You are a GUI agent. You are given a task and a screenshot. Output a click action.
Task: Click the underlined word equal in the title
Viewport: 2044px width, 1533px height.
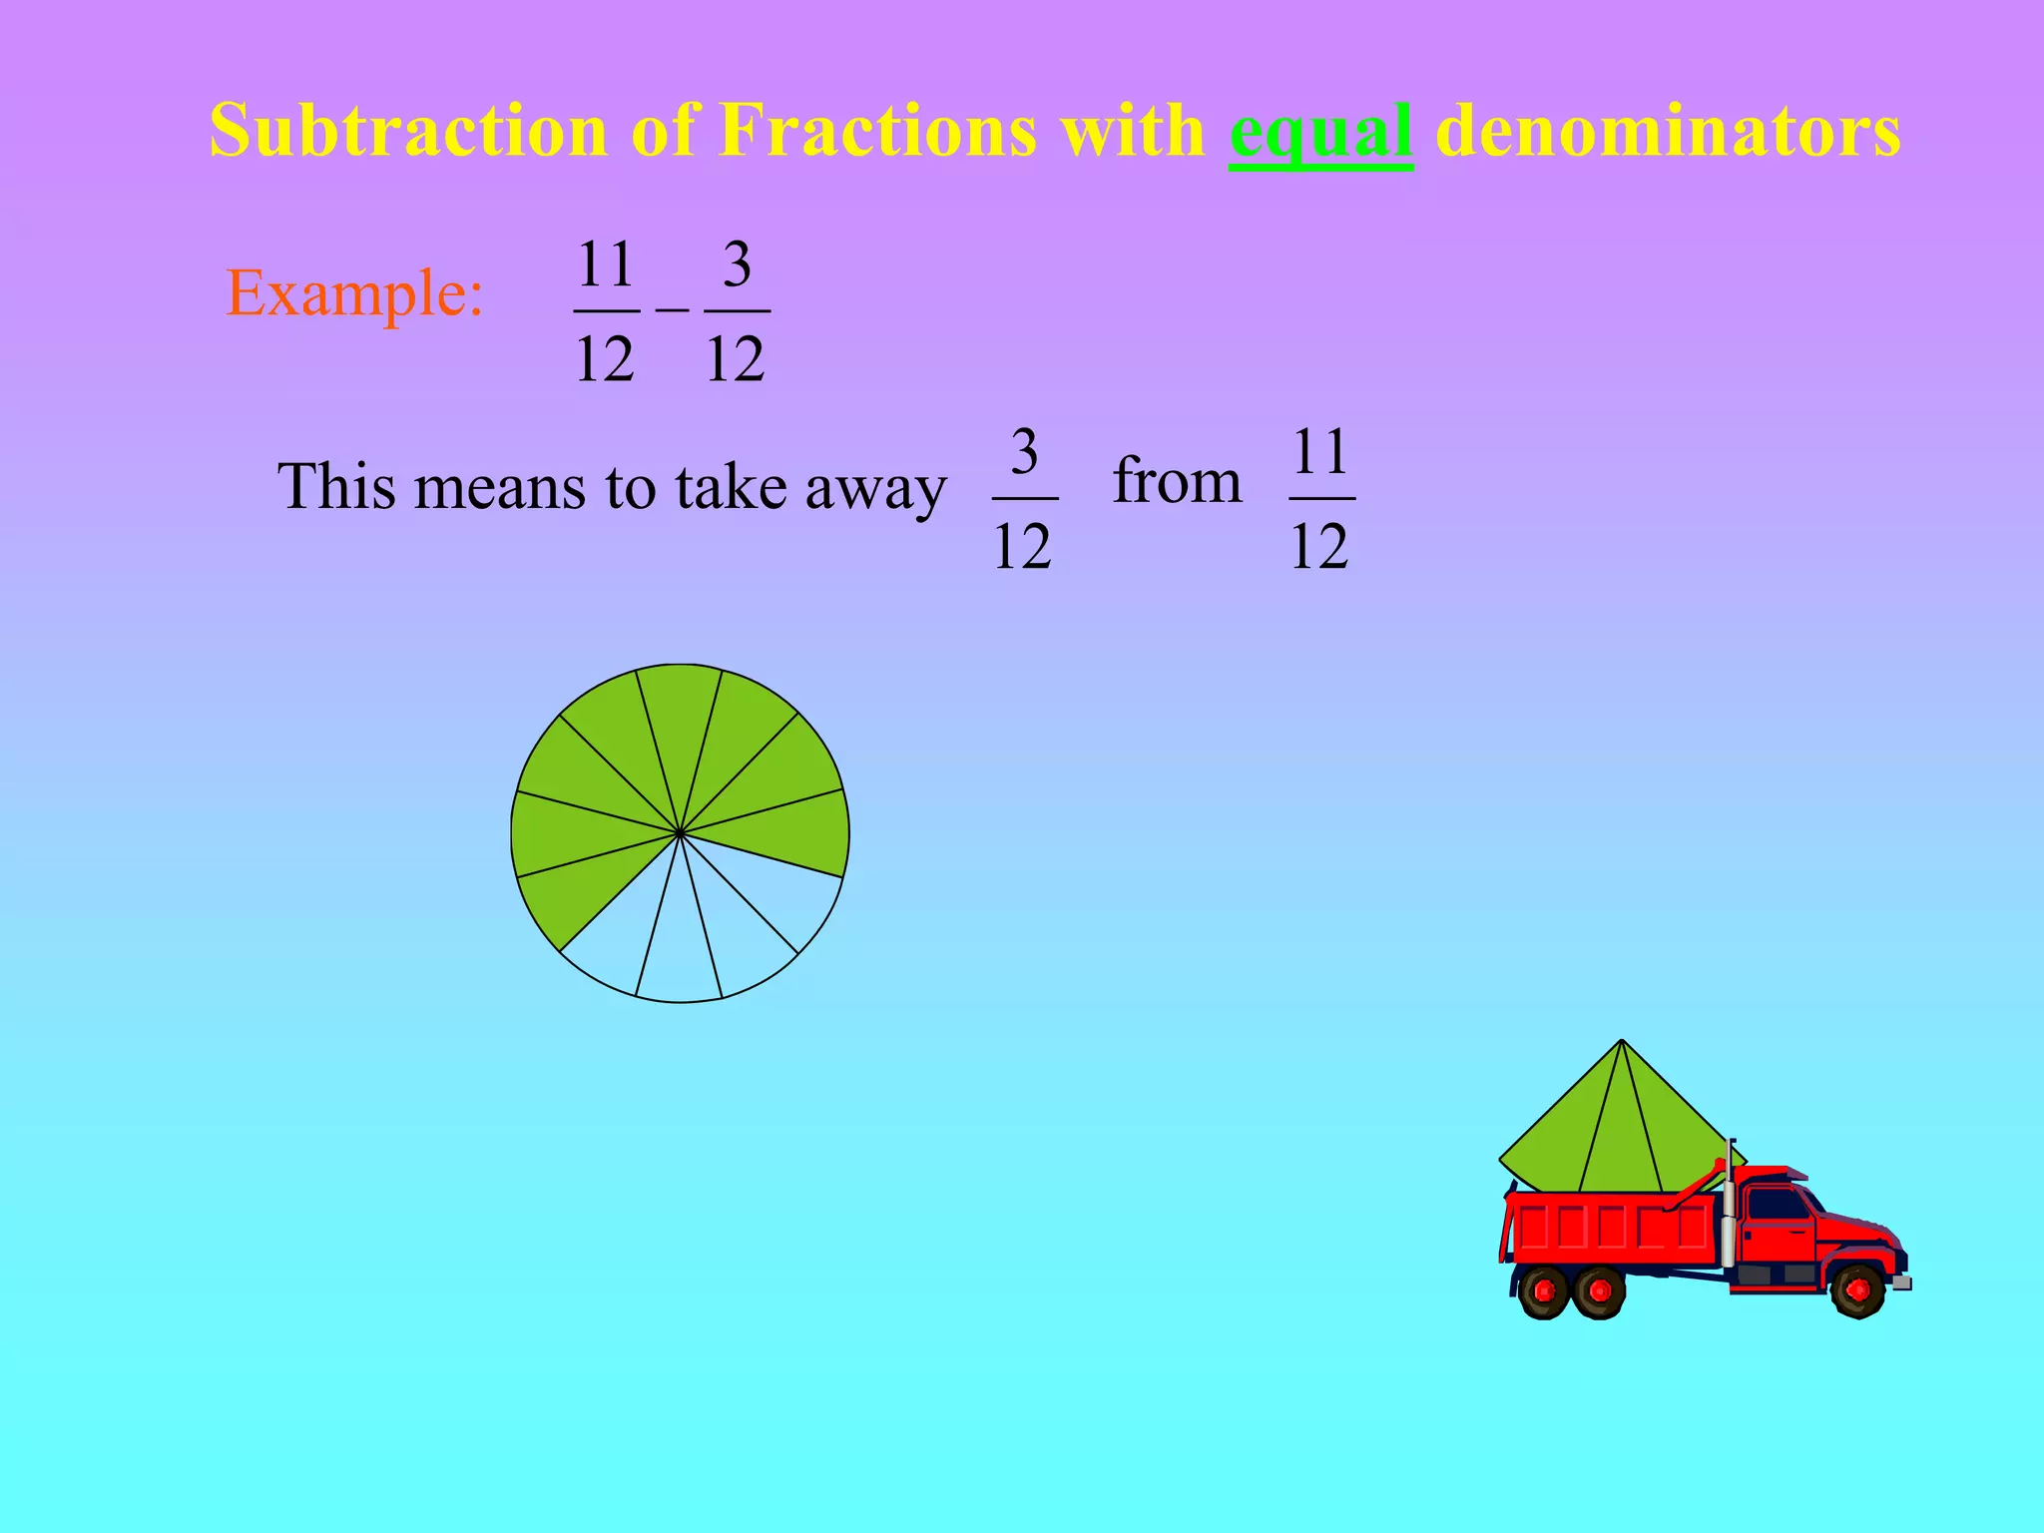[1320, 132]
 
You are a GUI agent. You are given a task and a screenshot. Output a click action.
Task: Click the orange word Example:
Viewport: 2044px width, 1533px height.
[355, 293]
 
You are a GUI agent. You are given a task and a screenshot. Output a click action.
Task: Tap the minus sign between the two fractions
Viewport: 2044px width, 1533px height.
[672, 310]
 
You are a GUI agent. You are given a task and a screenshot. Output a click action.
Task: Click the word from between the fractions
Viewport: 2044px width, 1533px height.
[1177, 481]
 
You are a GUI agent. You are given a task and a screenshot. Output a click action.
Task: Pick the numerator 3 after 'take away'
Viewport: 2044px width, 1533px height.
[1024, 452]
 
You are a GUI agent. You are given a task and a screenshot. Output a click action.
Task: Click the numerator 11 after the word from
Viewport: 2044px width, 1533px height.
[1321, 452]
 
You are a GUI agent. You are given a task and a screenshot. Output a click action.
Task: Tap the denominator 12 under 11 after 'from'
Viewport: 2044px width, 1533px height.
[1319, 546]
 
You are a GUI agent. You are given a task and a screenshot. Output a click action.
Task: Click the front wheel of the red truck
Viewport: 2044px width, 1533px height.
[1857, 1290]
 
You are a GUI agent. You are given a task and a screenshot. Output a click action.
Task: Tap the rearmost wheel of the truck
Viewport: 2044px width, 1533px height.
[1544, 1290]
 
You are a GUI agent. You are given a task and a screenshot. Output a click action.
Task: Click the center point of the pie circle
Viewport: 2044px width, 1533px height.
[680, 832]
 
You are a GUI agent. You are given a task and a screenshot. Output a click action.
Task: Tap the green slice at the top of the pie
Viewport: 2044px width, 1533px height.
[680, 719]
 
